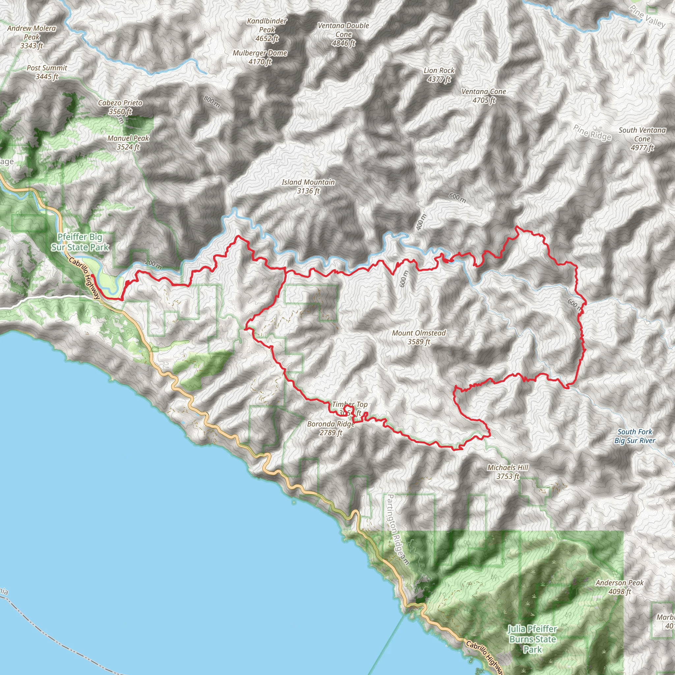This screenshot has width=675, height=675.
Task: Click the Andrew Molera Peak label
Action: (31, 37)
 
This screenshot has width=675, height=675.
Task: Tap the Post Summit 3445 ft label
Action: (47, 72)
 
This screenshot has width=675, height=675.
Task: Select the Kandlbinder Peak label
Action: (267, 30)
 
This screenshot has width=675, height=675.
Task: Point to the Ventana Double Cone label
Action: (343, 34)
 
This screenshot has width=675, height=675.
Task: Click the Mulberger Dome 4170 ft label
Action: (260, 57)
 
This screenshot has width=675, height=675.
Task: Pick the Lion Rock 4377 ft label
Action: (439, 75)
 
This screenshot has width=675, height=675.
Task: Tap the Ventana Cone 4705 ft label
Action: (484, 96)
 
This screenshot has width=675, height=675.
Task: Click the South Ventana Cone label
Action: (642, 139)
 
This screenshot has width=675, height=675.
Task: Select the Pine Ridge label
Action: (592, 133)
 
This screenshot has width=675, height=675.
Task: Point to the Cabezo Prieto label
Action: (120, 107)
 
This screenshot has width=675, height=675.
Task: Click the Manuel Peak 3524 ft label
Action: (128, 142)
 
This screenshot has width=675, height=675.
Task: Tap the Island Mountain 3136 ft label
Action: (308, 186)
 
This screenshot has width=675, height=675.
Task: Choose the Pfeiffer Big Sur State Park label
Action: (80, 242)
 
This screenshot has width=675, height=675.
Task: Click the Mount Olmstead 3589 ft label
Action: (419, 337)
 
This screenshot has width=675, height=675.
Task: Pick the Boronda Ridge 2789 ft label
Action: (331, 428)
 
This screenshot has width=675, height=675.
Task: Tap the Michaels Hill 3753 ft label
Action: (508, 472)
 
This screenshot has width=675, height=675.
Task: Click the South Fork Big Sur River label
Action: (634, 436)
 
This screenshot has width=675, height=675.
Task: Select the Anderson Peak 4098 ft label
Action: (619, 587)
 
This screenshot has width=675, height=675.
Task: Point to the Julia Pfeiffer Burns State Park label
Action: (532, 639)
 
